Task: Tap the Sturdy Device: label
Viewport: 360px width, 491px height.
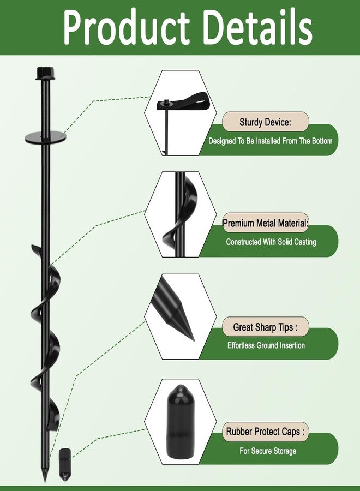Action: tap(265, 122)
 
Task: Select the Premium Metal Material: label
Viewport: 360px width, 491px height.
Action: tap(266, 223)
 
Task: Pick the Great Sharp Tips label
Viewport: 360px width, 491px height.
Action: tap(265, 327)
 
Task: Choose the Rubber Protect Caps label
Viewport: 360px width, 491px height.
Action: tap(265, 432)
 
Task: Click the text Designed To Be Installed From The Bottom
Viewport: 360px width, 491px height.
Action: tap(270, 141)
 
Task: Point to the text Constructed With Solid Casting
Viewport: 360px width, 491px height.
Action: tap(271, 242)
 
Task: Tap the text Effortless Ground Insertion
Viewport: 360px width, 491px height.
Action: tap(266, 345)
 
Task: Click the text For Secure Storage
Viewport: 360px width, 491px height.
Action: tap(268, 451)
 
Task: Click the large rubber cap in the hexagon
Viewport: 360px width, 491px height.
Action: tap(179, 422)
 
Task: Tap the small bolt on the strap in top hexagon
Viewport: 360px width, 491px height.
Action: tap(166, 102)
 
